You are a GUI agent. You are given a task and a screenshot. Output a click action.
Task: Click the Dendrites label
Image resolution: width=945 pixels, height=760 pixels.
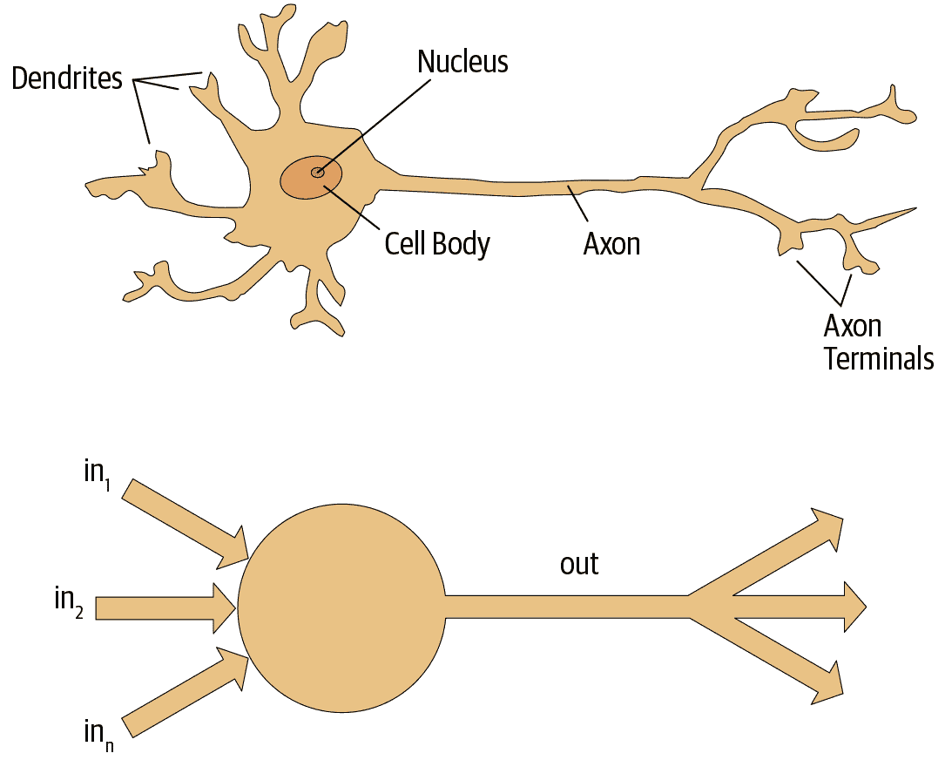(66, 78)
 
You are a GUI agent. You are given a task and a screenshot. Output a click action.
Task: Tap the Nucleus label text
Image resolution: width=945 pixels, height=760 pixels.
(462, 62)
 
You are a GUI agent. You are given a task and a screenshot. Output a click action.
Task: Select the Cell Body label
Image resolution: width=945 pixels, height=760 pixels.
(437, 243)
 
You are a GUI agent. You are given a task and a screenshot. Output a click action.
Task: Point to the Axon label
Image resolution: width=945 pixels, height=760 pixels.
(611, 243)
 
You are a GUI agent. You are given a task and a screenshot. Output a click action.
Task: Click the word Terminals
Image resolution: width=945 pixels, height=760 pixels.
(879, 358)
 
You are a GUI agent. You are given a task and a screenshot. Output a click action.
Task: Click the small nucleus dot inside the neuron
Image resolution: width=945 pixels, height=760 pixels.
(318, 173)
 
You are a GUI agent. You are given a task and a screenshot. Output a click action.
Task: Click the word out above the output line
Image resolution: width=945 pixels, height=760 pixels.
(579, 564)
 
